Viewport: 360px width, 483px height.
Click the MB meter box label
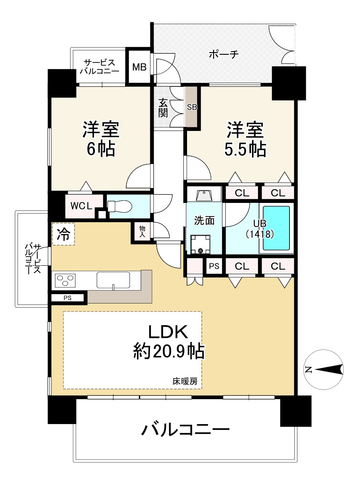[x=139, y=67]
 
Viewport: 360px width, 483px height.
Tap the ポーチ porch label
[x=223, y=55]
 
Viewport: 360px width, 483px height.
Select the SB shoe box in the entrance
[x=192, y=107]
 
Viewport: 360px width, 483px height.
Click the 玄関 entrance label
[x=163, y=108]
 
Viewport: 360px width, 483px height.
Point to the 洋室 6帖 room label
[x=101, y=139]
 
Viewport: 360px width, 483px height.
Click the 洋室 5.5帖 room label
[x=245, y=139]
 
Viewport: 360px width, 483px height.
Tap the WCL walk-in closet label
[x=81, y=206]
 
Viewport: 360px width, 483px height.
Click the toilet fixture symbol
[x=120, y=206]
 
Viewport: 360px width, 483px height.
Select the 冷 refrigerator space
[x=63, y=234]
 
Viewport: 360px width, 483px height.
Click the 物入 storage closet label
[x=142, y=231]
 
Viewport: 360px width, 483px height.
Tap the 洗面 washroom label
[x=204, y=221]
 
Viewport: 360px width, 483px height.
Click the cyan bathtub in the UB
[x=276, y=228]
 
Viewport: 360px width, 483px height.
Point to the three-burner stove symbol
[x=65, y=280]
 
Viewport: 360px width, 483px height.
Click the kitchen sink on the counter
[x=113, y=280]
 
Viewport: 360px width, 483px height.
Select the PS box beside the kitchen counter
[x=68, y=298]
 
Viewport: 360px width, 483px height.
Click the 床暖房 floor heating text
[x=185, y=381]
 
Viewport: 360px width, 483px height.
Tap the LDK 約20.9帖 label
[x=169, y=341]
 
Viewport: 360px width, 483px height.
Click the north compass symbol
[x=324, y=369]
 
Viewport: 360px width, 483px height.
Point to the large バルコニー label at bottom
[x=186, y=430]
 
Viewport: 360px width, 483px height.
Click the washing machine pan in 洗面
[x=200, y=245]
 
